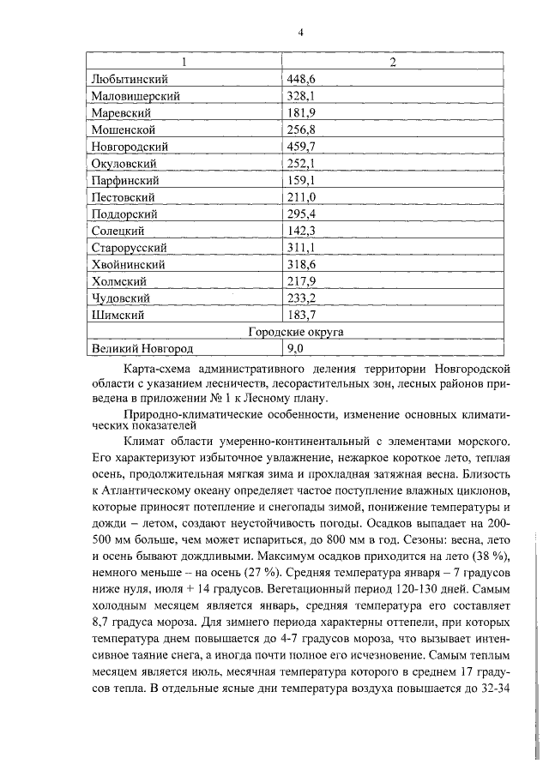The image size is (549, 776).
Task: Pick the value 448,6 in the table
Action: click(301, 79)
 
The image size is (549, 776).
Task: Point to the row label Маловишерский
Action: click(136, 96)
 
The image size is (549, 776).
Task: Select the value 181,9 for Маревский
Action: click(301, 112)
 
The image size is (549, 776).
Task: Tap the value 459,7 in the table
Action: click(301, 147)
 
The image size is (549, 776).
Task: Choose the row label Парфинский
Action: click(124, 180)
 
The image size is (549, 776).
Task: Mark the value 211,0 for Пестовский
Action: click(301, 197)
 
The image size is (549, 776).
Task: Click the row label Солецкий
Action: click(118, 231)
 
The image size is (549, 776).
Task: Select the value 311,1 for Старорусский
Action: click(301, 248)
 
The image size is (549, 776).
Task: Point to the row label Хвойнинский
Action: click(128, 264)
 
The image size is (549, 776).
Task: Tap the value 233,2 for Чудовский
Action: click(301, 298)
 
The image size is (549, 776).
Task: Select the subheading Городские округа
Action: click(291, 332)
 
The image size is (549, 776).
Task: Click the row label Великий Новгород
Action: click(142, 349)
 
